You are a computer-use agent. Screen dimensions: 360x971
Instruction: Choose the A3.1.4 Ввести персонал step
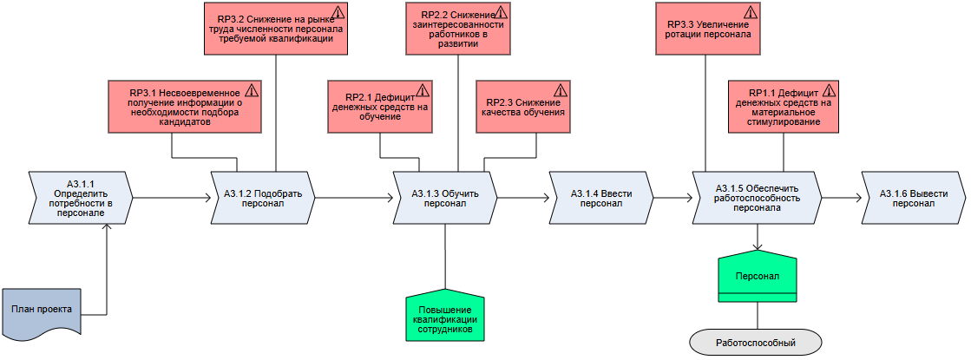pyautogui.click(x=600, y=198)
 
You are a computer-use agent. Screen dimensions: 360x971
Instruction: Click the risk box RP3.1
pyautogui.click(x=185, y=106)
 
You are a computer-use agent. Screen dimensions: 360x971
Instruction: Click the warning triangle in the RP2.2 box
pyautogui.click(x=501, y=13)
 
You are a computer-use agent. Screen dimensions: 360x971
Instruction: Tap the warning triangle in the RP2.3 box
pyautogui.click(x=560, y=90)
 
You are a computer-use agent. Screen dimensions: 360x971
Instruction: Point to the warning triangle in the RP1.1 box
pyautogui.click(x=830, y=90)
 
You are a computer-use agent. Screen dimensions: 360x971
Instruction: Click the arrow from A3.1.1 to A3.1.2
pyautogui.click(x=173, y=198)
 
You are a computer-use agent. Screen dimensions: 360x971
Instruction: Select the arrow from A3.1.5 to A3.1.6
pyautogui.click(x=841, y=198)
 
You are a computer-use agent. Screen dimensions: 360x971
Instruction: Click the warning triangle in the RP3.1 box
pyautogui.click(x=253, y=90)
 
